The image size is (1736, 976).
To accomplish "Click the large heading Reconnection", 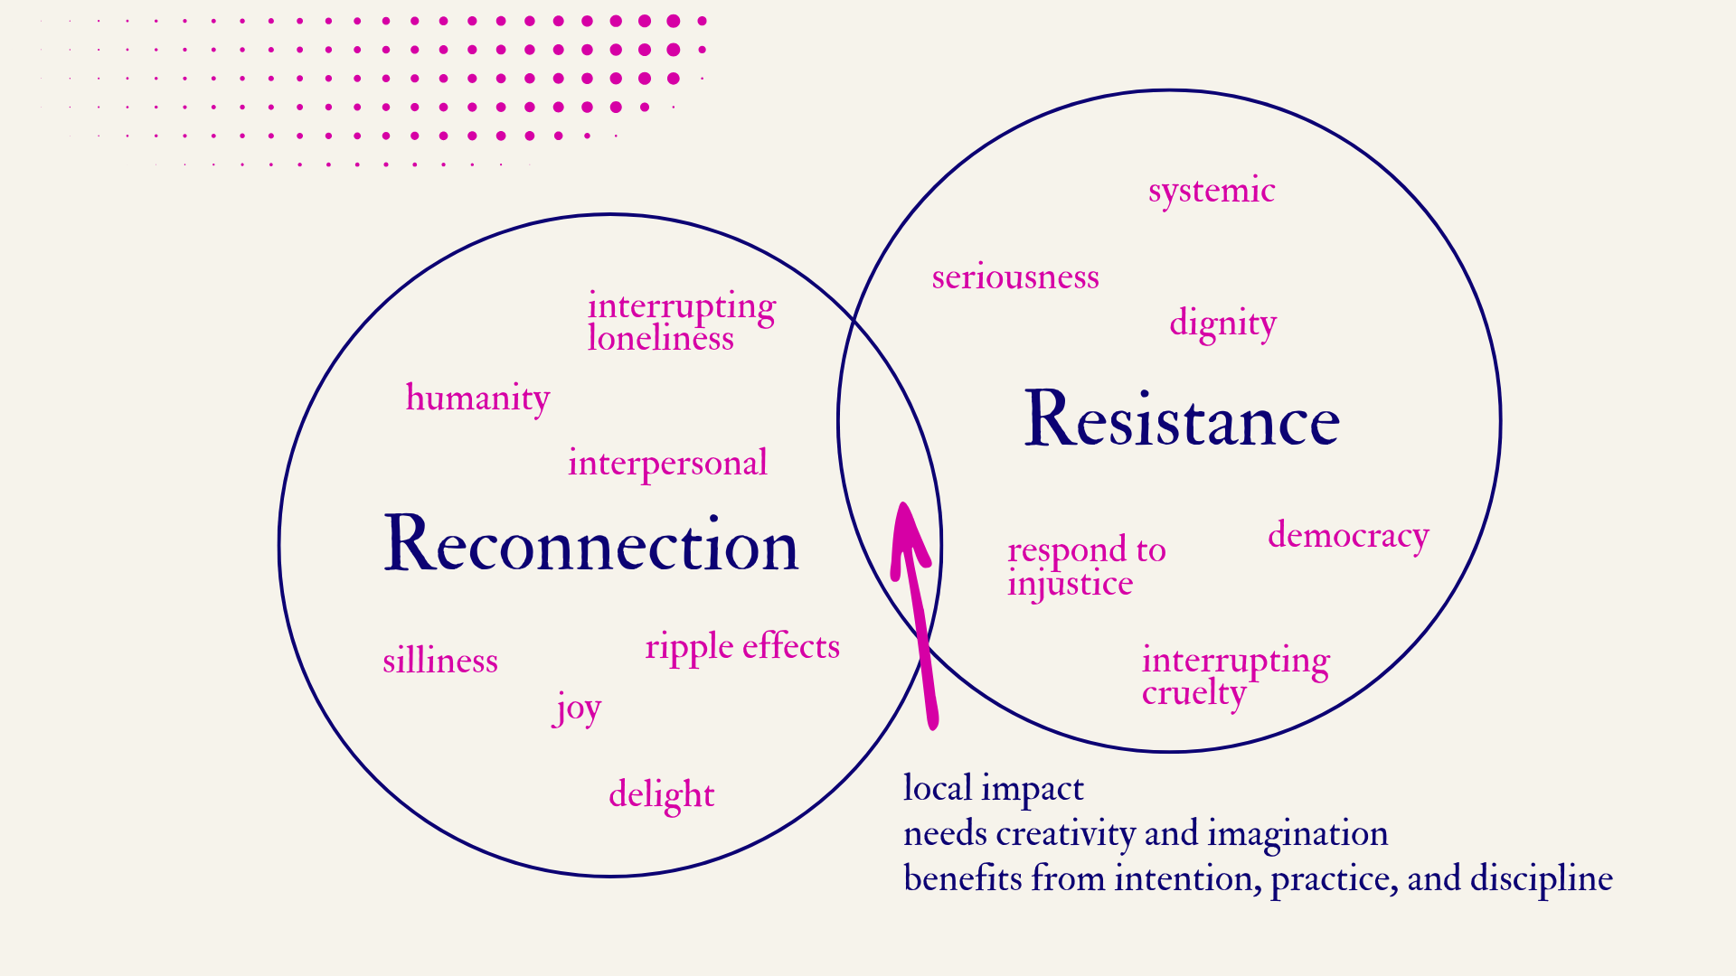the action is pyautogui.click(x=591, y=544).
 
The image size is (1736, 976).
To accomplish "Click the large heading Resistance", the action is pyautogui.click(x=1181, y=419).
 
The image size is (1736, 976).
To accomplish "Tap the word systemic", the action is pyautogui.click(x=1212, y=191).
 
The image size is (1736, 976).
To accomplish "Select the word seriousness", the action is pyautogui.click(x=1015, y=277).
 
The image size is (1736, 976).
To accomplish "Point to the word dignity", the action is pyautogui.click(x=1222, y=324).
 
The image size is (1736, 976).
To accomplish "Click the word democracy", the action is pyautogui.click(x=1348, y=536).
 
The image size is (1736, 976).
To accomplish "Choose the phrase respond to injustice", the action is pyautogui.click(x=1086, y=567).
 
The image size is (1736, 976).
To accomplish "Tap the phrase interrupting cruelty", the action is pyautogui.click(x=1235, y=676).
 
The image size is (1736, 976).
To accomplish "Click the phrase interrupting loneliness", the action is pyautogui.click(x=681, y=322).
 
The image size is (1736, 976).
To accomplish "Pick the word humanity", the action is pyautogui.click(x=477, y=399).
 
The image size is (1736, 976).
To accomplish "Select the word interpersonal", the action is pyautogui.click(x=667, y=464).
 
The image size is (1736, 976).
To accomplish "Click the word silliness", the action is pyautogui.click(x=440, y=661).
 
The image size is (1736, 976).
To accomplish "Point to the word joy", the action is pyautogui.click(x=578, y=708).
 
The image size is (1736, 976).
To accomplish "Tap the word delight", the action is pyautogui.click(x=661, y=794).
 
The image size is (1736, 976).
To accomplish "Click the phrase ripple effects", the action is pyautogui.click(x=742, y=647).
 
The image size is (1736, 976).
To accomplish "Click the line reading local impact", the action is pyautogui.click(x=993, y=789).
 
